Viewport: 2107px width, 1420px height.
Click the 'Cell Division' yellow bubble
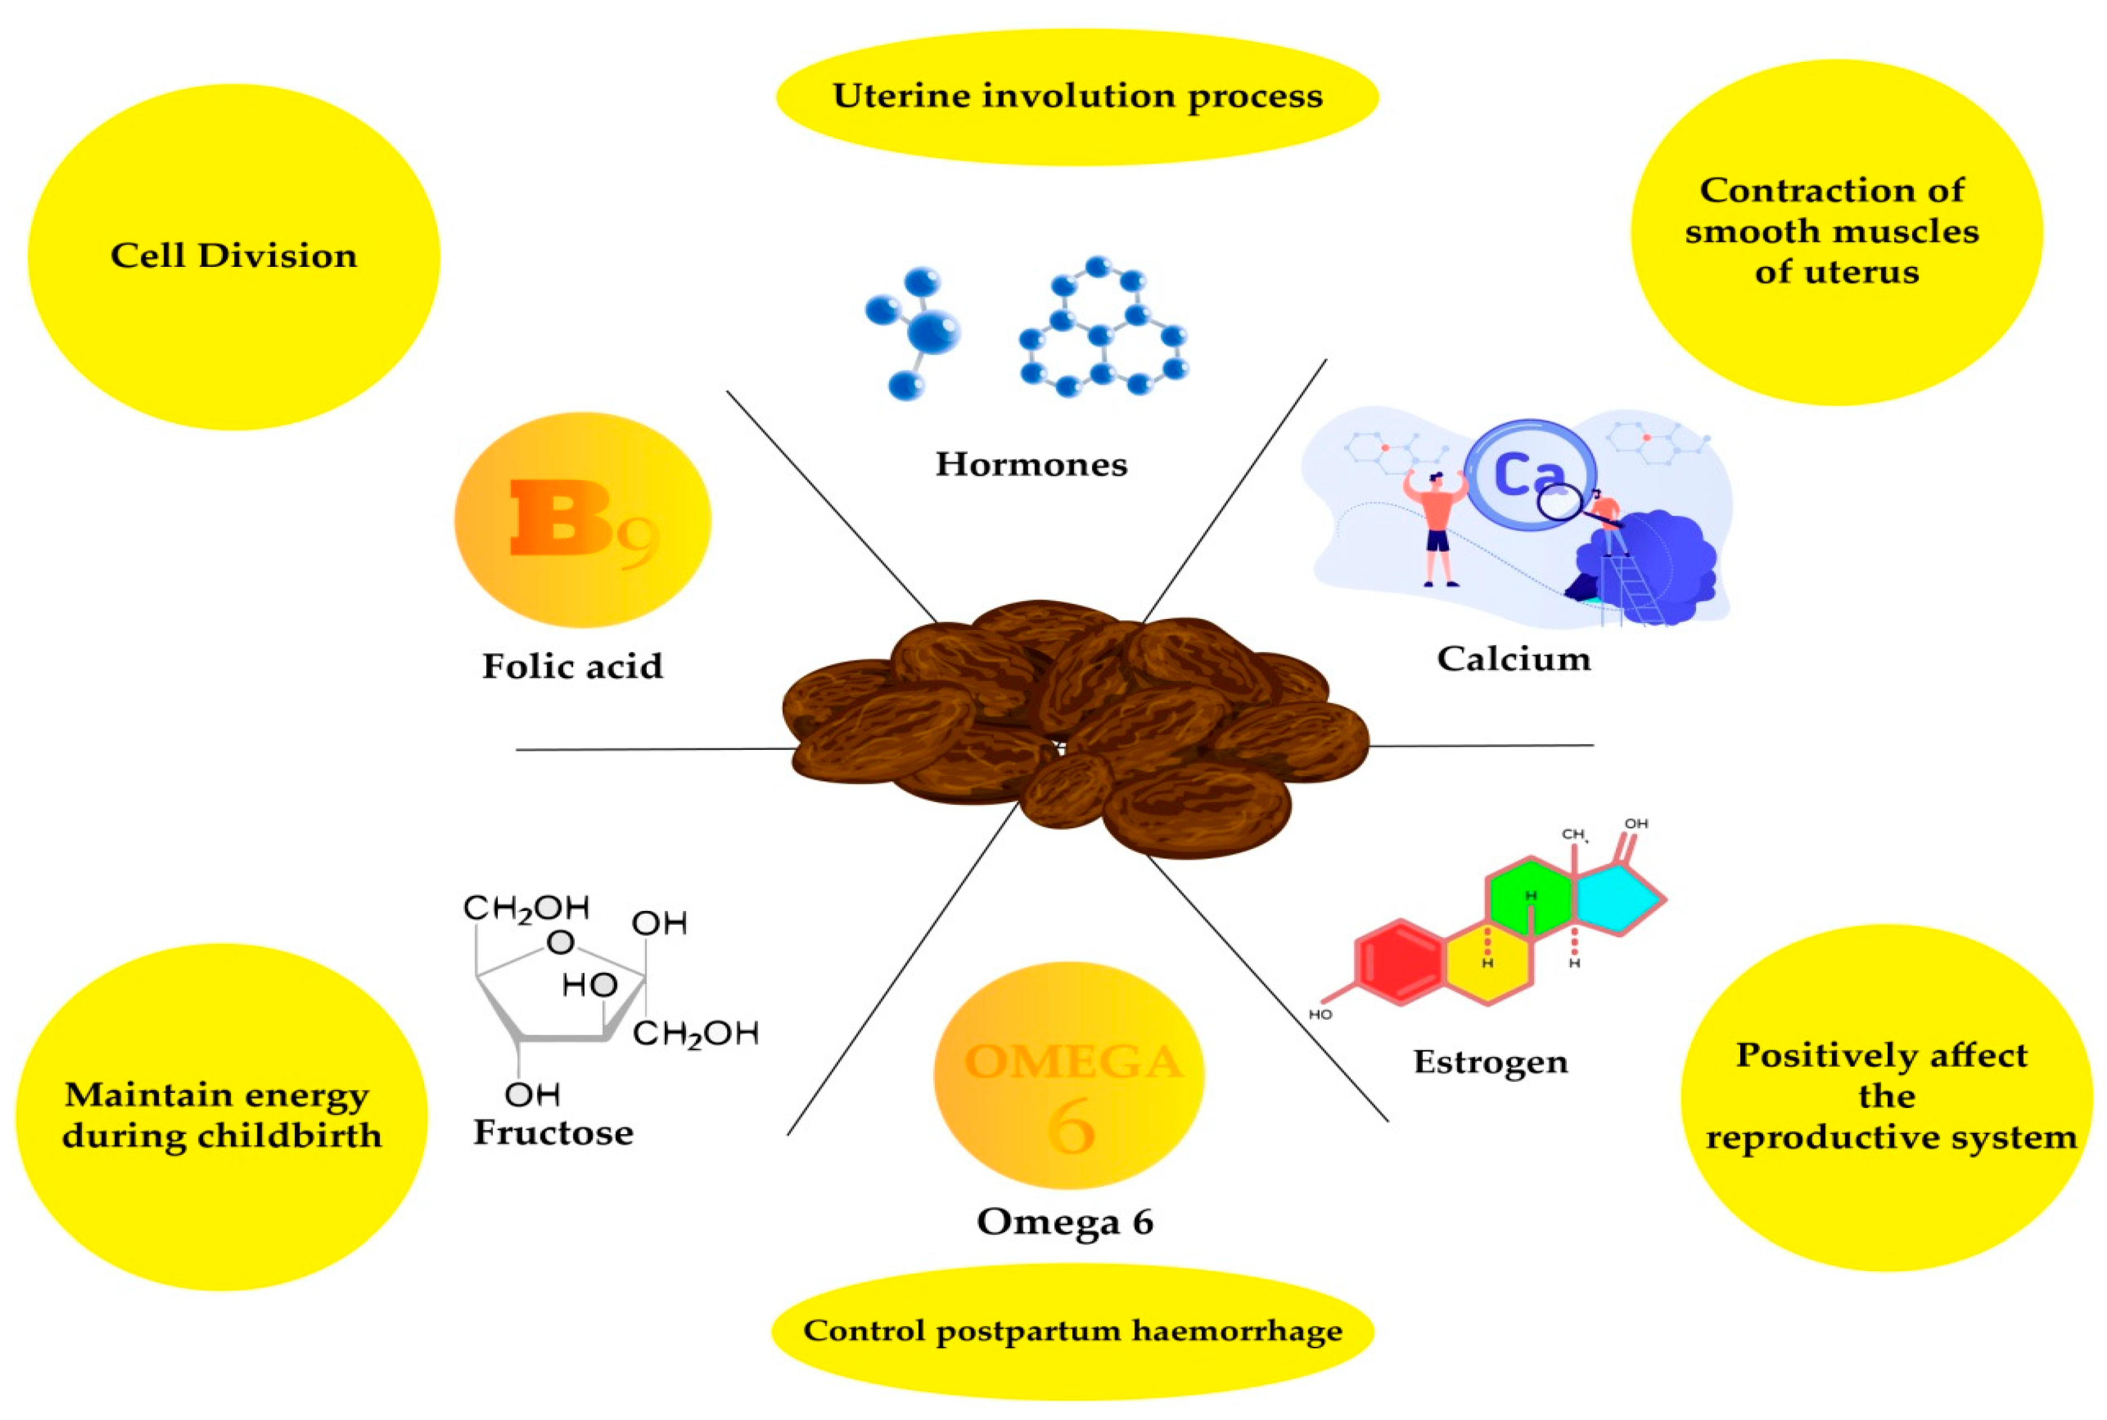pos(234,256)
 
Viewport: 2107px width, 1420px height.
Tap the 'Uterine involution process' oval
pos(1077,96)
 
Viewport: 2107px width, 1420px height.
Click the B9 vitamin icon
pos(582,520)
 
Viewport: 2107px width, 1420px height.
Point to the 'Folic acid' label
pos(572,666)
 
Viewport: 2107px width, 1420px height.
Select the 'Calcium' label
pos(1513,659)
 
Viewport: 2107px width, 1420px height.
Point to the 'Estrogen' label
pos(1490,1062)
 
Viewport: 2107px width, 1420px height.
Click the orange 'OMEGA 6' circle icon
pos(1068,1075)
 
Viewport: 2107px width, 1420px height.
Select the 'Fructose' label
pos(553,1133)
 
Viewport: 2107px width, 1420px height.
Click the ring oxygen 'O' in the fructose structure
pos(560,943)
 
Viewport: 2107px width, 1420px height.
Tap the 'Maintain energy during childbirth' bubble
pos(222,1116)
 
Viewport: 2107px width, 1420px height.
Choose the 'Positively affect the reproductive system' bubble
pos(1888,1097)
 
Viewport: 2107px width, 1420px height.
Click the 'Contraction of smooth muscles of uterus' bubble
pos(1836,232)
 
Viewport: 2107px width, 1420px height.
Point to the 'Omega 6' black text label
pos(1065,1222)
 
